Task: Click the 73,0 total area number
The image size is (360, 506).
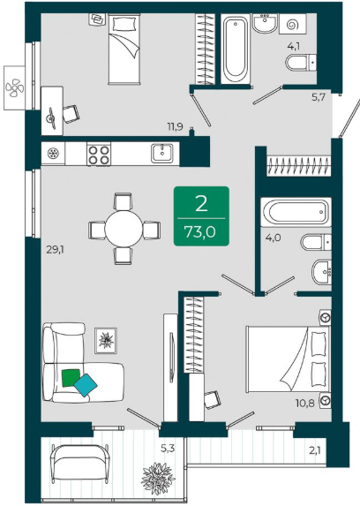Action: point(199,231)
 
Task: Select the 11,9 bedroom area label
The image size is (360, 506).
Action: point(176,126)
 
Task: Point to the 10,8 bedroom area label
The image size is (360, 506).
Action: point(305,403)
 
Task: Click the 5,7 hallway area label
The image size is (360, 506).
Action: point(318,96)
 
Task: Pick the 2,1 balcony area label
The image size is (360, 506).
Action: point(315,450)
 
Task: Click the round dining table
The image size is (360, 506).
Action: point(124,229)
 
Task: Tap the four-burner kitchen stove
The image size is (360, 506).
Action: point(99,155)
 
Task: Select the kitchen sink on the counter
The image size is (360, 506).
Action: point(162,153)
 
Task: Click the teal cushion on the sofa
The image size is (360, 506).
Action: point(86,385)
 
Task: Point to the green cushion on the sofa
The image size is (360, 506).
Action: point(71,378)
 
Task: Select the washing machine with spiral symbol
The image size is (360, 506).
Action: point(293,24)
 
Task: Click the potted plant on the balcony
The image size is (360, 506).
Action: point(158,479)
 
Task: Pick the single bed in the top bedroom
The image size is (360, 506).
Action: point(124,49)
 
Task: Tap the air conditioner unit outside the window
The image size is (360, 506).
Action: point(14,87)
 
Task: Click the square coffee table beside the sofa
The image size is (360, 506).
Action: point(106,341)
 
